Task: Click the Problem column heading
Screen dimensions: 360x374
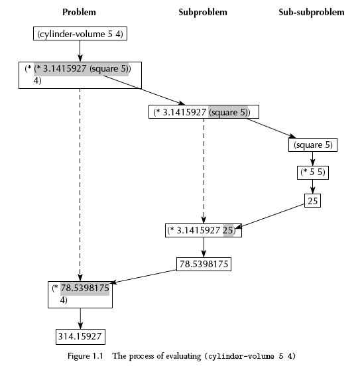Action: [x=79, y=12]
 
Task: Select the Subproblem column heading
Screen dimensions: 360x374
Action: [x=203, y=12]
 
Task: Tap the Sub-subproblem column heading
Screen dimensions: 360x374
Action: [x=312, y=12]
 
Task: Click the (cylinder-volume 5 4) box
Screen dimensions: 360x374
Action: [x=80, y=34]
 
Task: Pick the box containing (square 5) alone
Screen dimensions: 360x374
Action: [x=313, y=145]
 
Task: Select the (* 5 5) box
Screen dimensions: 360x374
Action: [x=313, y=172]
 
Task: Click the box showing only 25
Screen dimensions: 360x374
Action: [x=312, y=201]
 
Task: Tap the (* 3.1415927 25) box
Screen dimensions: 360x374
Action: [x=204, y=230]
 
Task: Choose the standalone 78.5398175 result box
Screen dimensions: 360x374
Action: [x=204, y=264]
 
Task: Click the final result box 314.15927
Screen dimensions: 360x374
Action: [x=80, y=337]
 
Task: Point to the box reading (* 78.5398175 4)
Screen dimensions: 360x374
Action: [x=80, y=295]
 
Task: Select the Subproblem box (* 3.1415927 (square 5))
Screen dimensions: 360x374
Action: [x=204, y=111]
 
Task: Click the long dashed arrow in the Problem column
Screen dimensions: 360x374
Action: [x=80, y=185]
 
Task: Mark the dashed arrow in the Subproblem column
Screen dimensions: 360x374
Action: [x=204, y=171]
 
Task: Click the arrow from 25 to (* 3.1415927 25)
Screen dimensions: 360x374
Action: [x=270, y=216]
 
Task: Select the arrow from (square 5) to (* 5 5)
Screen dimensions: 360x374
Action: [x=312, y=159]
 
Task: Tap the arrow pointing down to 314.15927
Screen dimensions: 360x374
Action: [x=80, y=319]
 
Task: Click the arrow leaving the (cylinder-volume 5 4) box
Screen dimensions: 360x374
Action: [x=80, y=51]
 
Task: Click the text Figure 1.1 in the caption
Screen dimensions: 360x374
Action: [x=86, y=356]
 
